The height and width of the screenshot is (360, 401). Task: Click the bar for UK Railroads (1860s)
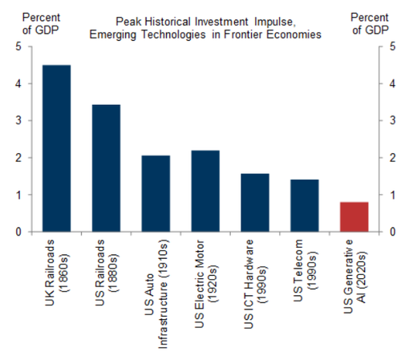click(x=57, y=148)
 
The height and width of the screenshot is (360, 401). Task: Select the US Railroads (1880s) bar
click(x=106, y=168)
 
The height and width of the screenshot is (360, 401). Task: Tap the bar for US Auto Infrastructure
click(x=156, y=193)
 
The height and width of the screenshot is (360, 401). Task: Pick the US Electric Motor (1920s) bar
click(x=205, y=191)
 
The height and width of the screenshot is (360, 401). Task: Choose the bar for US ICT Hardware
click(x=255, y=203)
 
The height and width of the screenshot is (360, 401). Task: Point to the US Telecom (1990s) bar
click(x=305, y=205)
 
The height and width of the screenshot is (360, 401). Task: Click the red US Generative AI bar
click(x=354, y=216)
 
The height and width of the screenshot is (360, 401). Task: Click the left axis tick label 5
click(x=18, y=47)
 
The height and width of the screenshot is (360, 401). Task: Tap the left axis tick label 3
click(x=18, y=120)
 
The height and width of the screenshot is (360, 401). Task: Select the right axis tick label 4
click(x=392, y=83)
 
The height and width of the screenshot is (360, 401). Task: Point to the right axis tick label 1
click(x=392, y=195)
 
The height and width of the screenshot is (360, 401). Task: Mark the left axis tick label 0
click(x=18, y=232)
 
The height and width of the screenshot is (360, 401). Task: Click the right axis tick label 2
click(x=392, y=158)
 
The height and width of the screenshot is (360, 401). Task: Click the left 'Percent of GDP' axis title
click(x=41, y=24)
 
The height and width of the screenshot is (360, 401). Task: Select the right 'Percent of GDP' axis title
click(x=370, y=24)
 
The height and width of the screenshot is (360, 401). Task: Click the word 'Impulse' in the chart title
click(x=275, y=22)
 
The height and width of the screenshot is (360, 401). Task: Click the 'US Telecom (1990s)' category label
click(x=305, y=270)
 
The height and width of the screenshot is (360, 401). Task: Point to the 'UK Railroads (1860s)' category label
click(x=57, y=273)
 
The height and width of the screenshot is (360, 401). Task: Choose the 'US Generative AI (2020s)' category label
click(x=354, y=277)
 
